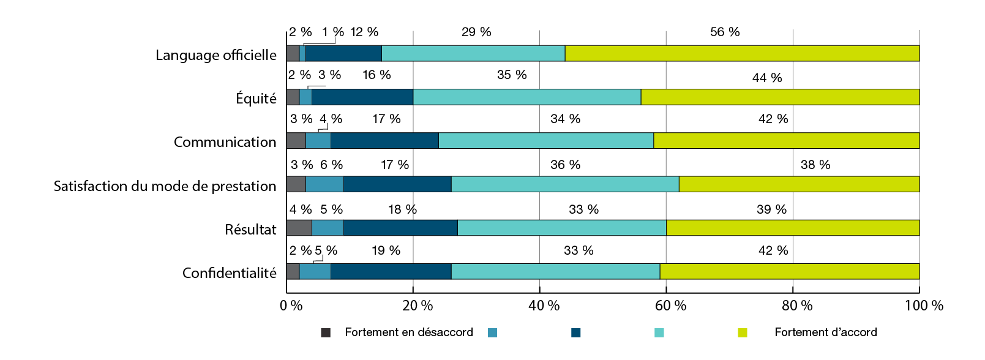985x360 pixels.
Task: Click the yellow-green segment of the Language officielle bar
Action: coord(742,53)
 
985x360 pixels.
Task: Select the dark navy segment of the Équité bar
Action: coord(362,97)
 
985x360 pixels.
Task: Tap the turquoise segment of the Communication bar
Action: coord(546,140)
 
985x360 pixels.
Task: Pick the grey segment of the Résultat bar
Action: coord(299,228)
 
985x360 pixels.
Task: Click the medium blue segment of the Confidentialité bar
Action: coord(315,271)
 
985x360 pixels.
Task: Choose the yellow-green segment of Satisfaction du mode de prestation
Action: coord(799,184)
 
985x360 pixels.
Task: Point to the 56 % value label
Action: coord(725,32)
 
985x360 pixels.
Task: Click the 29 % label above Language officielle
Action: coord(476,32)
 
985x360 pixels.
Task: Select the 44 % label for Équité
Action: coord(767,78)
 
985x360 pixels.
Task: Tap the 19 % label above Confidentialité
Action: coord(386,250)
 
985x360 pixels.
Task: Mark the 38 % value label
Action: coord(815,165)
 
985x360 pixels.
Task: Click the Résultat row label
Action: coord(250,230)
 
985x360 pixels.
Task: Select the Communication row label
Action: coord(225,142)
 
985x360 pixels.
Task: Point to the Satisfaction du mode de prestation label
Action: coord(165,186)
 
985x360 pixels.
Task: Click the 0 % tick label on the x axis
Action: coord(291,306)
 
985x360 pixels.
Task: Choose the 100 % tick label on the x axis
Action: coord(924,306)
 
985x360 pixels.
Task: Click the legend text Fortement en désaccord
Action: coord(409,332)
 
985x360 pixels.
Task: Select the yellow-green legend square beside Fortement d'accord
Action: coord(743,332)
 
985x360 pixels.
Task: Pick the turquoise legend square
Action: coord(659,332)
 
